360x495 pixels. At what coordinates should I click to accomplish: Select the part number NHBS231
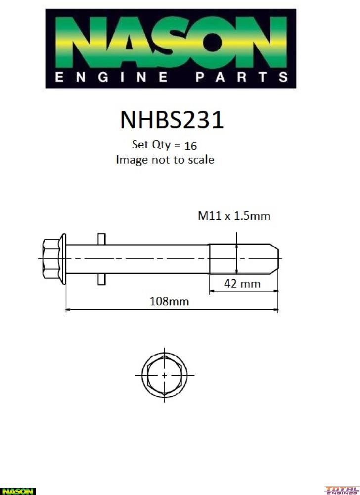pyautogui.click(x=171, y=120)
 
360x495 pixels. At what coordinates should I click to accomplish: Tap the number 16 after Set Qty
pyautogui.click(x=190, y=146)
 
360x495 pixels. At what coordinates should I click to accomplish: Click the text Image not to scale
pyautogui.click(x=165, y=160)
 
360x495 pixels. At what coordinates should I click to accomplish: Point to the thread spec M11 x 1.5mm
pyautogui.click(x=234, y=216)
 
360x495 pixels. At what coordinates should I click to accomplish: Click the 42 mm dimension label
pyautogui.click(x=243, y=284)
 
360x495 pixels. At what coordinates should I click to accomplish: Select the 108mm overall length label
pyautogui.click(x=169, y=301)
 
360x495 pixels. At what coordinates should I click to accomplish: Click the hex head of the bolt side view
pyautogui.click(x=50, y=258)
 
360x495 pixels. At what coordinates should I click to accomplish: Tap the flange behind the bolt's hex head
pyautogui.click(x=63, y=258)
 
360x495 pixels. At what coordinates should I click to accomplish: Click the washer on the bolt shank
pyautogui.click(x=101, y=258)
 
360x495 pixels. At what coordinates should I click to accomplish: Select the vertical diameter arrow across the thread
pyautogui.click(x=237, y=258)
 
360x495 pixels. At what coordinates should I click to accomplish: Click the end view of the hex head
pyautogui.click(x=164, y=375)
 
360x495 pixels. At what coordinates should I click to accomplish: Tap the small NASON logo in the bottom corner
pyautogui.click(x=18, y=491)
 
